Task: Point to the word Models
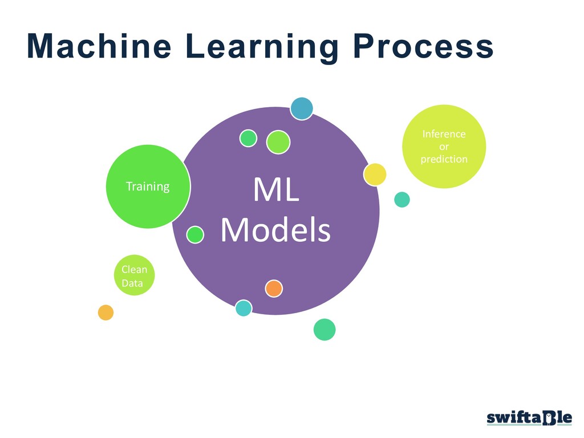pos(275,230)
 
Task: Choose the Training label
pos(148,186)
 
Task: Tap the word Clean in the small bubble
pos(134,269)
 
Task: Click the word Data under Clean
pos(132,282)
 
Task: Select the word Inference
pos(444,134)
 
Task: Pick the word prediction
pos(444,159)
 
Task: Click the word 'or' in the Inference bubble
pos(444,147)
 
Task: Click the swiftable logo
pos(529,418)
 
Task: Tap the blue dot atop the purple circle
pos(302,108)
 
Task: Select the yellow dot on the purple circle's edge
pos(375,174)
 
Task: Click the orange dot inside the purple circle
pos(274,289)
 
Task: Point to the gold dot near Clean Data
pos(106,313)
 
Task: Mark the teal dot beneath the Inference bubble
pos(402,199)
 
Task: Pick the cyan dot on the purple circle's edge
pos(244,308)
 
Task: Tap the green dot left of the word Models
pos(195,234)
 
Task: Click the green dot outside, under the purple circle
pos(325,329)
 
